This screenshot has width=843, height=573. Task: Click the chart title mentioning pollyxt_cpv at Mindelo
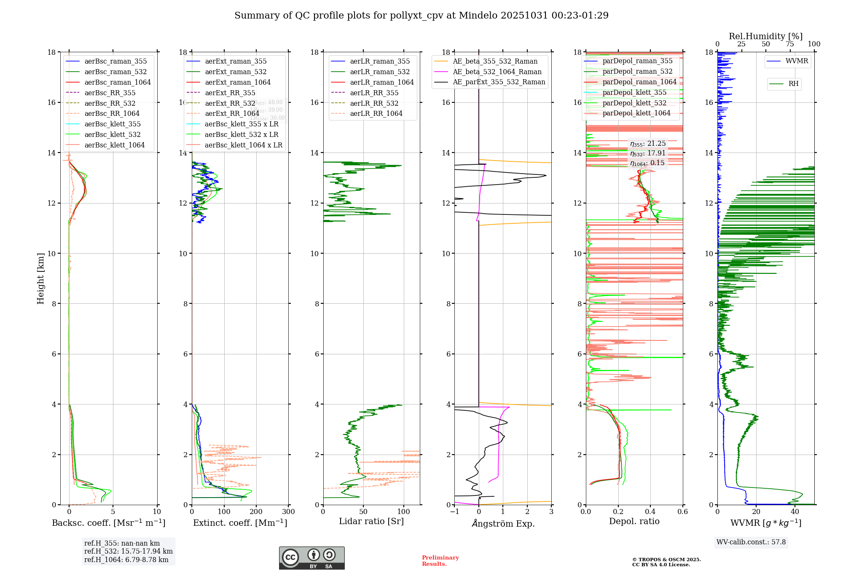click(421, 16)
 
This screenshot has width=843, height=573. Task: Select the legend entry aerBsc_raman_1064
click(117, 82)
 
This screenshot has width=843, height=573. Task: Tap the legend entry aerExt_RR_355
click(230, 93)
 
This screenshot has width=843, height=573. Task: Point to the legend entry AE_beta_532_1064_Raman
click(497, 72)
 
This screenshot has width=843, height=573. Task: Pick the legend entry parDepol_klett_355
click(634, 92)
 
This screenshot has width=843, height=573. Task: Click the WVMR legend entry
click(797, 61)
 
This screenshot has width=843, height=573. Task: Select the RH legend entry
click(793, 84)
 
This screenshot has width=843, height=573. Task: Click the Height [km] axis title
click(40, 278)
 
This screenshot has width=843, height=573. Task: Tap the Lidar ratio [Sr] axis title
click(371, 522)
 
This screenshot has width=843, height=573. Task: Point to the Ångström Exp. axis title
click(503, 524)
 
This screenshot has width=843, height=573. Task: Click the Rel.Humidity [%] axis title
click(765, 36)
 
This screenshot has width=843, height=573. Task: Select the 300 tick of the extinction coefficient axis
click(288, 511)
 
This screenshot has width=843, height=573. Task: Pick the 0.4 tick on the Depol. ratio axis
click(650, 511)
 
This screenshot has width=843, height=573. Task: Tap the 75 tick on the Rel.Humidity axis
click(790, 44)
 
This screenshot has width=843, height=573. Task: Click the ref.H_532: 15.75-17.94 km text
click(128, 551)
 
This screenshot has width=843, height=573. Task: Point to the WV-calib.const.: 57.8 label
click(751, 542)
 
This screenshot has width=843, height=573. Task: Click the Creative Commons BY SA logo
click(311, 558)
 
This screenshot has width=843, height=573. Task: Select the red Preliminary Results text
click(440, 560)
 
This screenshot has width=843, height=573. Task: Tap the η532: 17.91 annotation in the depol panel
click(648, 153)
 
